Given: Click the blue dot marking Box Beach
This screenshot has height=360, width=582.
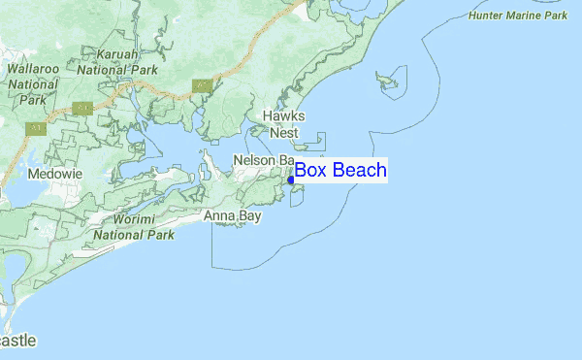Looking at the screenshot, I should tap(291, 180).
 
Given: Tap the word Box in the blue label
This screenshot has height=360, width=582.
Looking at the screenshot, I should tap(311, 171).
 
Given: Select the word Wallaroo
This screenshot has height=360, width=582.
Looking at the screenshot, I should tap(34, 70).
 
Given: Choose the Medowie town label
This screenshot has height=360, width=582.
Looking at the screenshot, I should tap(54, 173).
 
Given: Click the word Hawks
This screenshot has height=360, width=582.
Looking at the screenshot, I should tap(284, 116).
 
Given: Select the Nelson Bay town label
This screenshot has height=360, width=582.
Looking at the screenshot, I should tap(262, 159).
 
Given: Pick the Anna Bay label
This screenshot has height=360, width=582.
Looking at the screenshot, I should tap(232, 216).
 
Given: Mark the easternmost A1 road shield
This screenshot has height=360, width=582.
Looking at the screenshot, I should tap(202, 84).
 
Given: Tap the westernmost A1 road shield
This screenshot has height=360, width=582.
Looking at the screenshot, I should tap(37, 126).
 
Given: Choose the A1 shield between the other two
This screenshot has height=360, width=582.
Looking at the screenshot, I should tap(82, 109).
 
